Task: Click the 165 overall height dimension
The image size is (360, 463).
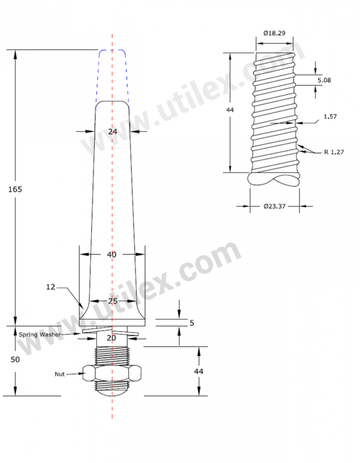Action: coord(15,189)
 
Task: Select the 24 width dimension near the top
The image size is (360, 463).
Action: coord(112,132)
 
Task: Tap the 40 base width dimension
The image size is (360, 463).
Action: coord(112,254)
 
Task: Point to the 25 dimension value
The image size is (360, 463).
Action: coord(112,301)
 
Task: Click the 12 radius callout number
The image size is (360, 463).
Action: coord(51,287)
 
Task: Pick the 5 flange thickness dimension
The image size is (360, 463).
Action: coord(192,323)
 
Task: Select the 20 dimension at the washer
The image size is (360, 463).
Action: coord(112,338)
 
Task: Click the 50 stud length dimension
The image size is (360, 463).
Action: coord(15,359)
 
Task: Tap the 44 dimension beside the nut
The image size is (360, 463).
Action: coord(199,371)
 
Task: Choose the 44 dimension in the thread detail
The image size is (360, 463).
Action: coord(230,110)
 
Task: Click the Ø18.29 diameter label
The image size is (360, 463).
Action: coord(274,33)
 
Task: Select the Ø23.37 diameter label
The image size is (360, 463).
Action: coord(275,206)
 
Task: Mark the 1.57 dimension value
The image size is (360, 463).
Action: coord(330,116)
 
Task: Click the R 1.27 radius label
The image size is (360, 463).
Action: coord(334,152)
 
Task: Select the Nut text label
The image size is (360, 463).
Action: coord(60,374)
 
